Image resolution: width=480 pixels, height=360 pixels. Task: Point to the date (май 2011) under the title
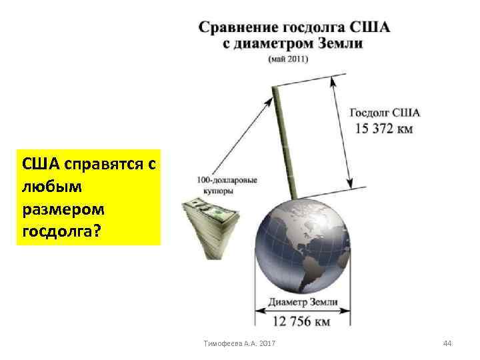tap(288, 59)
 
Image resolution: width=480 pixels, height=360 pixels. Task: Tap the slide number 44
tap(447, 343)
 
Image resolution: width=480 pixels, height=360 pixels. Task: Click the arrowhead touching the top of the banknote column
tap(271, 99)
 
